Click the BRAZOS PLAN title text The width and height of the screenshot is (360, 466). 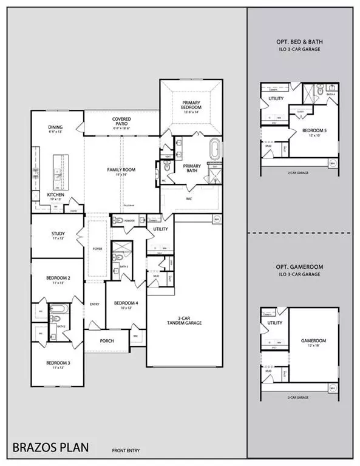(x=50, y=448)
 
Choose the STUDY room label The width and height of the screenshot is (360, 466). (x=58, y=235)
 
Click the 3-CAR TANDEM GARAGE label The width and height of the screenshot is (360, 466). (x=186, y=320)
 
